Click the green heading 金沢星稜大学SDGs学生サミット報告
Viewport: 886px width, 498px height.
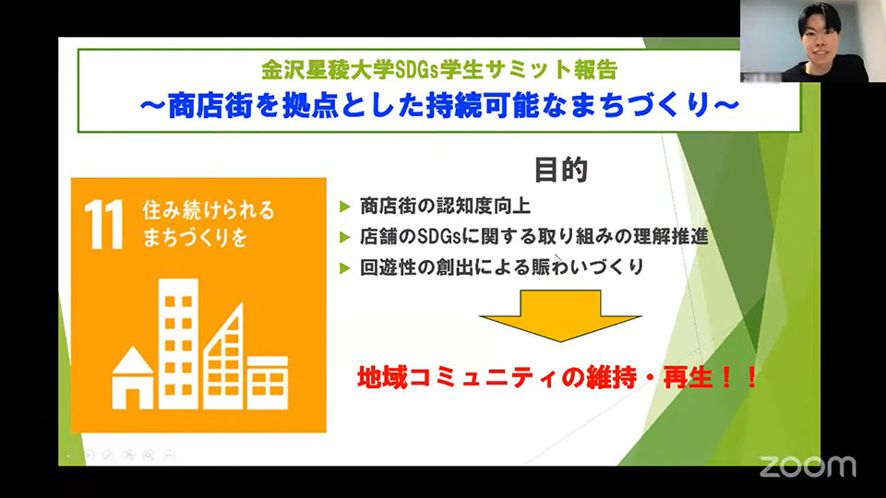(439, 69)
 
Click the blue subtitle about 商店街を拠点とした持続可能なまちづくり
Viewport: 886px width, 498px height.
(439, 105)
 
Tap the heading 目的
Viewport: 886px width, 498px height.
(561, 170)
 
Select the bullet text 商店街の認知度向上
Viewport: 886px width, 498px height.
(445, 206)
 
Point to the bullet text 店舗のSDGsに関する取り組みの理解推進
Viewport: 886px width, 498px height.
(534, 236)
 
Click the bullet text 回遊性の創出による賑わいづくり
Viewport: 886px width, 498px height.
(502, 267)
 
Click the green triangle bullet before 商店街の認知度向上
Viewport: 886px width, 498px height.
(344, 207)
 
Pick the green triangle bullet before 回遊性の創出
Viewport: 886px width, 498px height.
(344, 267)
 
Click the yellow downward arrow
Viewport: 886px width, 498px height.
(560, 315)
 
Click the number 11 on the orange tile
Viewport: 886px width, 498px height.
(104, 224)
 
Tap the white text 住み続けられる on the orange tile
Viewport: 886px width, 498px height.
(209, 210)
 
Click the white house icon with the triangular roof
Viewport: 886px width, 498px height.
(133, 378)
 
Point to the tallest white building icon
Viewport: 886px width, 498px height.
(178, 344)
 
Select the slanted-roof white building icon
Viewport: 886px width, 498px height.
(223, 356)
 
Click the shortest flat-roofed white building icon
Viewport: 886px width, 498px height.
(268, 383)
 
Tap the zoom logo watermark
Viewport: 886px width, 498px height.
(808, 467)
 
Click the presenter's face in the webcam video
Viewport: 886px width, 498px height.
(820, 39)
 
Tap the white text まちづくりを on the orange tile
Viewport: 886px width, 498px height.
(195, 237)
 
